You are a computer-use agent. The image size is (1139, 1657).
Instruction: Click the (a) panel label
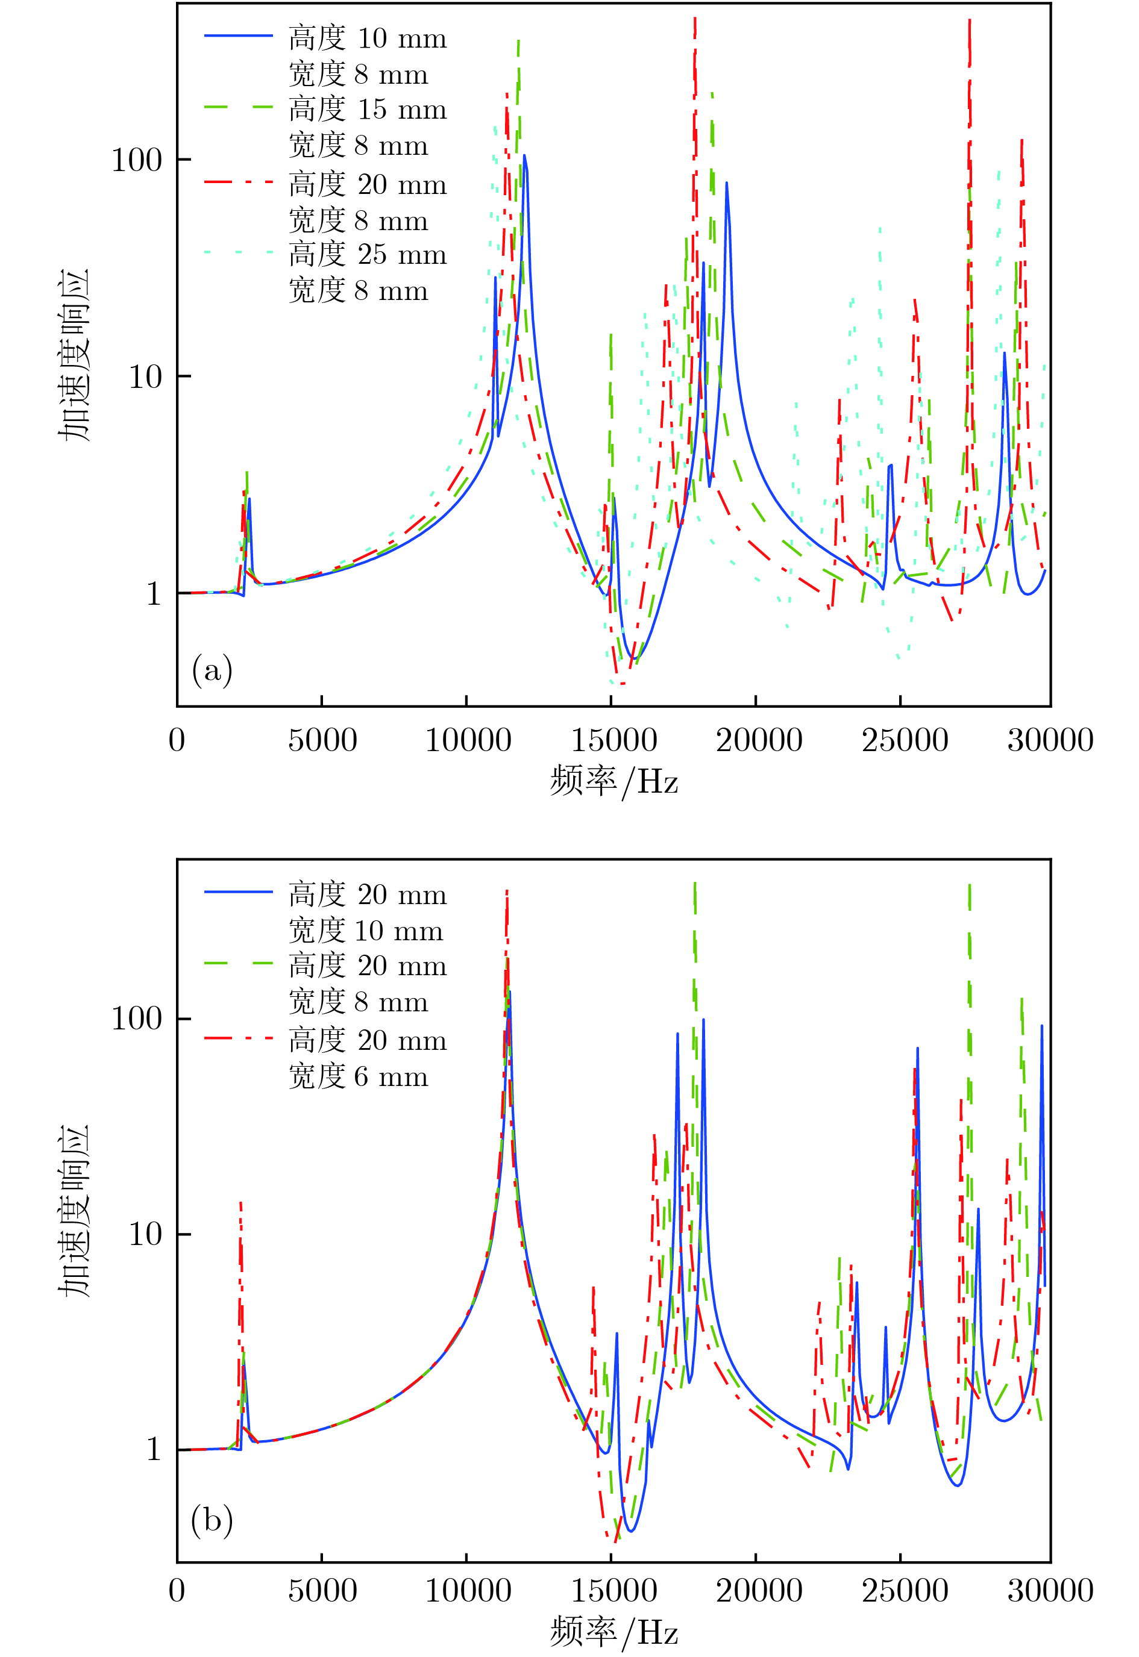pos(212,670)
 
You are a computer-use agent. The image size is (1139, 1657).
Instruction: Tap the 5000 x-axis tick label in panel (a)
pos(322,740)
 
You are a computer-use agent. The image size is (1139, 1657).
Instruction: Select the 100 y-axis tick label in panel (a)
pos(137,160)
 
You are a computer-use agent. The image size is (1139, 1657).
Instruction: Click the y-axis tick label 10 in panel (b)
pos(146,1234)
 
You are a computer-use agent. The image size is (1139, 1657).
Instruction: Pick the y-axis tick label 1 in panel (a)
pos(154,593)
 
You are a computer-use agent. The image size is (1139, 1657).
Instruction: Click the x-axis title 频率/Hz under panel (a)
pos(613,781)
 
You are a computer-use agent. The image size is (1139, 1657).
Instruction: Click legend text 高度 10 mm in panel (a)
pos(368,39)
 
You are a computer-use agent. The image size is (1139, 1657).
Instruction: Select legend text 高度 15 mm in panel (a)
pos(368,109)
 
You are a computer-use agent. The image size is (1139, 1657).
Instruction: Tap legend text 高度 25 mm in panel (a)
pos(368,255)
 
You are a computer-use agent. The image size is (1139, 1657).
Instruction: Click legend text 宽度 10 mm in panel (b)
pos(365,931)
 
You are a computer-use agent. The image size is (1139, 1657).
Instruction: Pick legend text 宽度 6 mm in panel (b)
pos(358,1076)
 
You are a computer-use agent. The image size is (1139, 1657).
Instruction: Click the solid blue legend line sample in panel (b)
pos(239,892)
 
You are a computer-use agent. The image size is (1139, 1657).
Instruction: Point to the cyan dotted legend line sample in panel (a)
pos(239,252)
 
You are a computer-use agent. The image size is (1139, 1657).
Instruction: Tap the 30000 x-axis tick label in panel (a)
pos(1050,740)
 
